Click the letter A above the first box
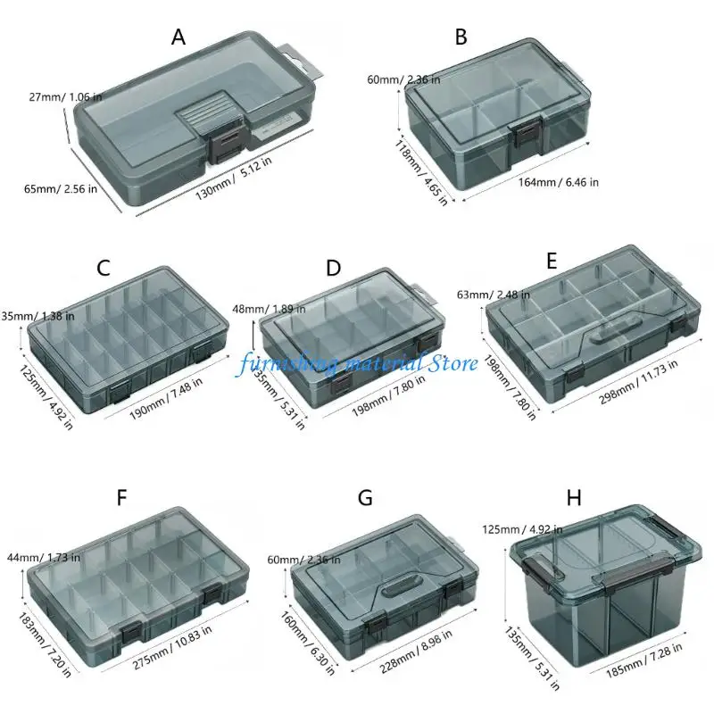click(x=178, y=37)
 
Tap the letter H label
click(x=574, y=498)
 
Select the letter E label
click(x=552, y=262)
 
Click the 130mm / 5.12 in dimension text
click(x=234, y=178)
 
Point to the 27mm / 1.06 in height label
click(x=65, y=96)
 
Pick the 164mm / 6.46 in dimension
click(x=559, y=183)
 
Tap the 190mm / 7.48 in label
click(x=166, y=399)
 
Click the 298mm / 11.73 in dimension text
click(x=638, y=382)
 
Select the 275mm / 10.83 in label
click(x=172, y=647)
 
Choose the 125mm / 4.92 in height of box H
click(x=522, y=529)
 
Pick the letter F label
click(x=121, y=498)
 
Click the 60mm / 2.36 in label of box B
click(x=404, y=79)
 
